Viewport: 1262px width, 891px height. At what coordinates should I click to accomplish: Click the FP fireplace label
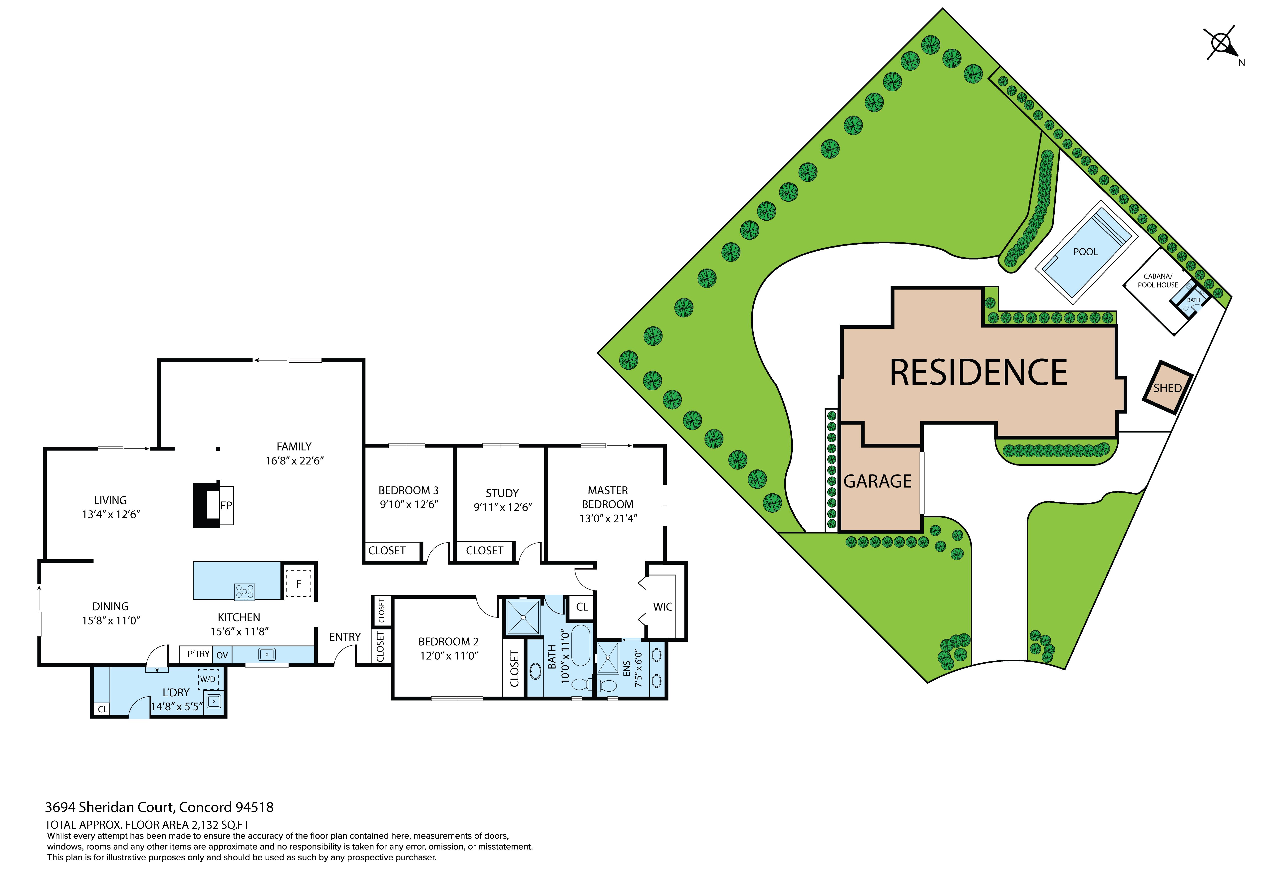pyautogui.click(x=226, y=505)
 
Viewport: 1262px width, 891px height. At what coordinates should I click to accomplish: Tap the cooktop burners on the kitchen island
pyautogui.click(x=245, y=591)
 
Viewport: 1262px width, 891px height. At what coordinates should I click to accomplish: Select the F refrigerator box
pyautogui.click(x=299, y=583)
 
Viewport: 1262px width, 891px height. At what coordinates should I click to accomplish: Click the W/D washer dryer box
pyautogui.click(x=208, y=679)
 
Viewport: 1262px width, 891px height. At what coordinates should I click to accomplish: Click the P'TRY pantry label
pyautogui.click(x=198, y=654)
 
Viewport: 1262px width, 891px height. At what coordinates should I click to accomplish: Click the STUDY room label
pyautogui.click(x=502, y=493)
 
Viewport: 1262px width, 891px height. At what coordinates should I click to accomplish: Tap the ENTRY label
pyautogui.click(x=345, y=637)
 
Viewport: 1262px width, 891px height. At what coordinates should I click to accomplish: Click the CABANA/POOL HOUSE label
pyautogui.click(x=1158, y=281)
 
